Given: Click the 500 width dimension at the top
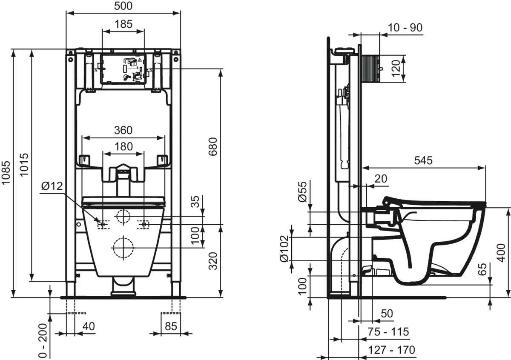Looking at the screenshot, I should [123, 6].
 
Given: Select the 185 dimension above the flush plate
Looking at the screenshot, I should [123, 24].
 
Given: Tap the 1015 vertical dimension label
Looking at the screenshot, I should [24, 166].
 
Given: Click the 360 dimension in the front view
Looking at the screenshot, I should [123, 130].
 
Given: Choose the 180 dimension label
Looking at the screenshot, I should [123, 146].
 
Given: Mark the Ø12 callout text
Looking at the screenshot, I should [52, 186].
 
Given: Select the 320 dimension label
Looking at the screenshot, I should [213, 261].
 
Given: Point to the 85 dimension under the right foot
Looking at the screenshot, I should [170, 326].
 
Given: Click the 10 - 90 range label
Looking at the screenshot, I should [405, 28].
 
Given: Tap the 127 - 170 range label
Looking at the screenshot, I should [391, 350].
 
